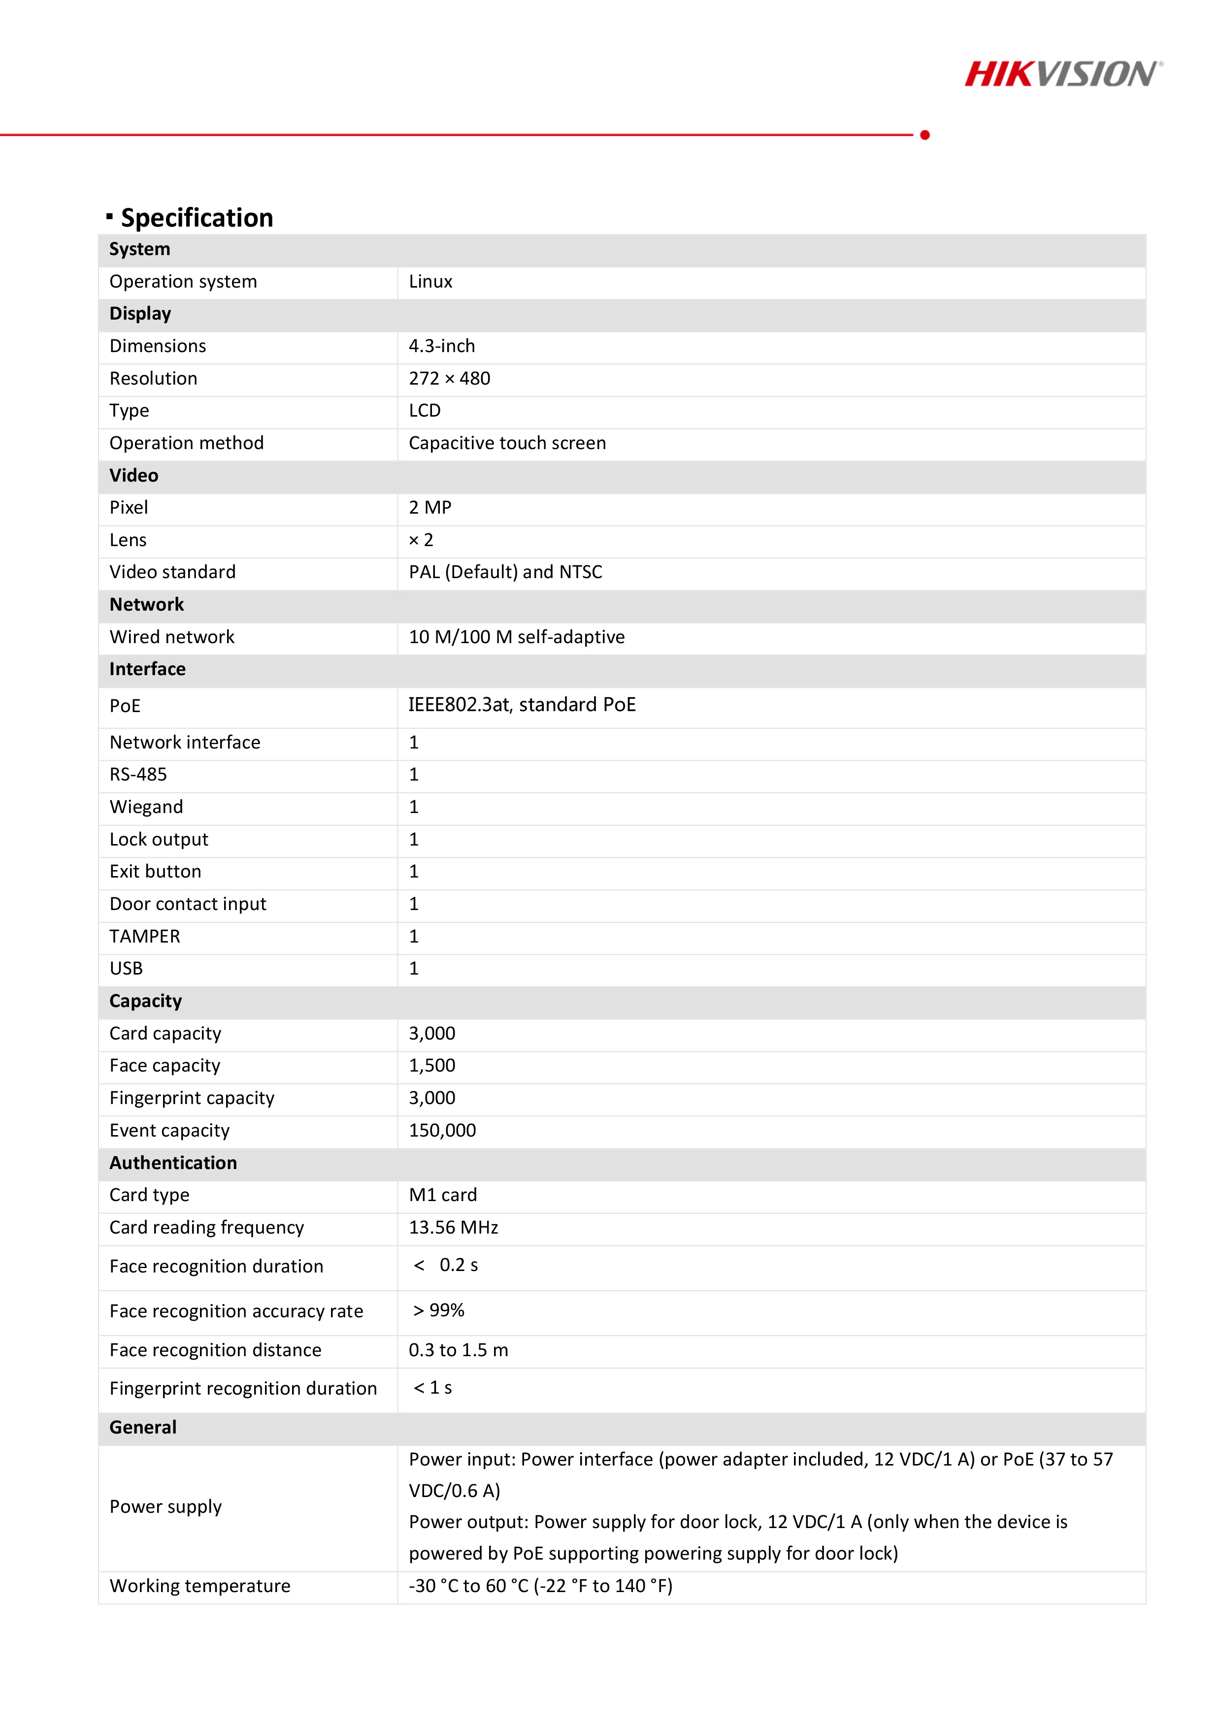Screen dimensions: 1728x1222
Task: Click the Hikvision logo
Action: coord(1062,74)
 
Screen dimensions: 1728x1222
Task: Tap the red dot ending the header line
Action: coord(925,135)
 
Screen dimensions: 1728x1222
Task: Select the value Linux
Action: coord(430,282)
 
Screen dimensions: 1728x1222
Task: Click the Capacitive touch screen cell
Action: coord(507,443)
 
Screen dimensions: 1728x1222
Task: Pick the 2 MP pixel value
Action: coord(430,508)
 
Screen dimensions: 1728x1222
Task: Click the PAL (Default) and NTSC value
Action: coord(505,572)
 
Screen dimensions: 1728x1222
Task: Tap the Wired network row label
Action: coord(172,637)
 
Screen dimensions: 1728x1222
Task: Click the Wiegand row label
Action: coord(146,807)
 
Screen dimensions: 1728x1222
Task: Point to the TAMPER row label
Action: coord(145,936)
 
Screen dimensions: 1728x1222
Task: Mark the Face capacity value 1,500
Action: coord(431,1066)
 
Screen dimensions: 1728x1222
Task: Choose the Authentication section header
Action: coord(173,1163)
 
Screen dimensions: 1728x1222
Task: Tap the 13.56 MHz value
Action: coord(453,1228)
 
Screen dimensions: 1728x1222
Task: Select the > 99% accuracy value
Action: coord(438,1310)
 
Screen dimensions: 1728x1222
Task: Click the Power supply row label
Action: coord(165,1507)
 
